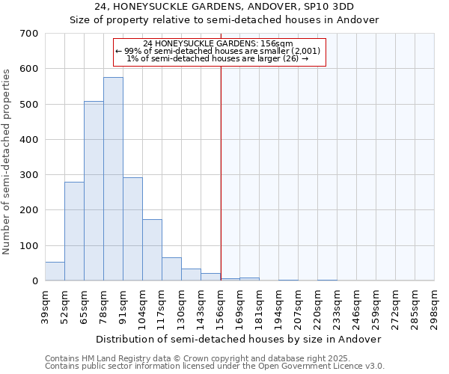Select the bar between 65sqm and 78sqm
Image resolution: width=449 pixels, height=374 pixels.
click(94, 191)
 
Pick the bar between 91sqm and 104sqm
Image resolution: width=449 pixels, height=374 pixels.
click(132, 230)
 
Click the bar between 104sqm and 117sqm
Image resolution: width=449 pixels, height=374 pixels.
click(152, 251)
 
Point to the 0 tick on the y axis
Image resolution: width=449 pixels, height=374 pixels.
click(34, 281)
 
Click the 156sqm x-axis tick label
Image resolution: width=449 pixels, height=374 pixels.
click(221, 304)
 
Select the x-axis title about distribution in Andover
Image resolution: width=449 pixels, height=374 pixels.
click(239, 339)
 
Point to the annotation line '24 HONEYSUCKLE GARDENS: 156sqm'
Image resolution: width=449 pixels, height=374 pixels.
click(220, 44)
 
